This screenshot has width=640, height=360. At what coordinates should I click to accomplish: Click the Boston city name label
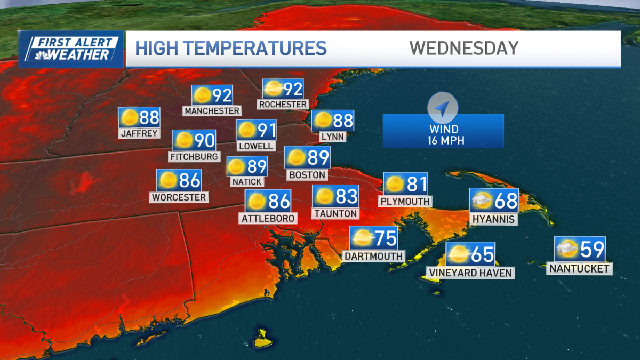click(x=307, y=174)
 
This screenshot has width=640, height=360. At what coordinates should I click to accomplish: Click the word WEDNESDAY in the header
click(x=463, y=48)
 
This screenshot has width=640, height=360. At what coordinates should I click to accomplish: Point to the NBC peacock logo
click(x=40, y=54)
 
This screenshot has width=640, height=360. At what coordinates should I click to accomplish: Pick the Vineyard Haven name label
click(x=470, y=273)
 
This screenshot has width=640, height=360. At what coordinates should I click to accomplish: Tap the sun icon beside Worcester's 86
click(x=167, y=181)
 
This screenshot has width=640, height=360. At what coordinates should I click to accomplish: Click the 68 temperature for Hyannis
click(x=506, y=201)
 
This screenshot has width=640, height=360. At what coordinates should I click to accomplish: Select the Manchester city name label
click(x=212, y=111)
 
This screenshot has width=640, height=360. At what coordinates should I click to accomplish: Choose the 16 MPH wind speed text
click(x=443, y=141)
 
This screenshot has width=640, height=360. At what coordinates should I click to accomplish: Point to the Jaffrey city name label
click(x=139, y=133)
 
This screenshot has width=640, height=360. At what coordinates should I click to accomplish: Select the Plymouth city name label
click(x=405, y=201)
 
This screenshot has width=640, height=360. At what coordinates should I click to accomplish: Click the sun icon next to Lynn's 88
click(x=323, y=121)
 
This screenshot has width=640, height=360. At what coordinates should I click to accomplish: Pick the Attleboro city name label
click(x=268, y=218)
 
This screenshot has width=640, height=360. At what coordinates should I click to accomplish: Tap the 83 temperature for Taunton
click(x=346, y=197)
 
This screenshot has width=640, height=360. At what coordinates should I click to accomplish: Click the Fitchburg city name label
click(x=194, y=157)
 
